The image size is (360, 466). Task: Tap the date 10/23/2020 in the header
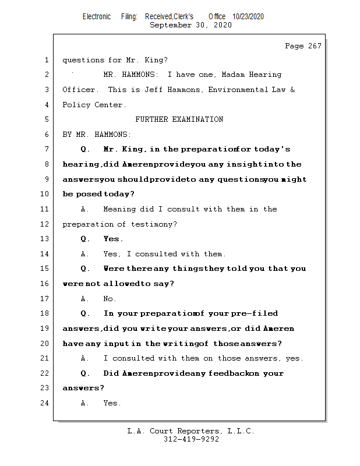(248, 17)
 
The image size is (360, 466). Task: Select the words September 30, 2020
(190, 26)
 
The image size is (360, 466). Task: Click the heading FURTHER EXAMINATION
(179, 119)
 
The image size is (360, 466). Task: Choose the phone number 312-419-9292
(191, 439)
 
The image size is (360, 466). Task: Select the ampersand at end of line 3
(292, 90)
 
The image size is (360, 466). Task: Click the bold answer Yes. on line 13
(113, 239)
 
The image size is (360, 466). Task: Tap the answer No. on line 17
(110, 299)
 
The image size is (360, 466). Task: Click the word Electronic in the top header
(97, 17)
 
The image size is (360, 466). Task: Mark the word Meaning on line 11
(119, 209)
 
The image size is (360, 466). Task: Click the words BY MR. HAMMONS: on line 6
(97, 135)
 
